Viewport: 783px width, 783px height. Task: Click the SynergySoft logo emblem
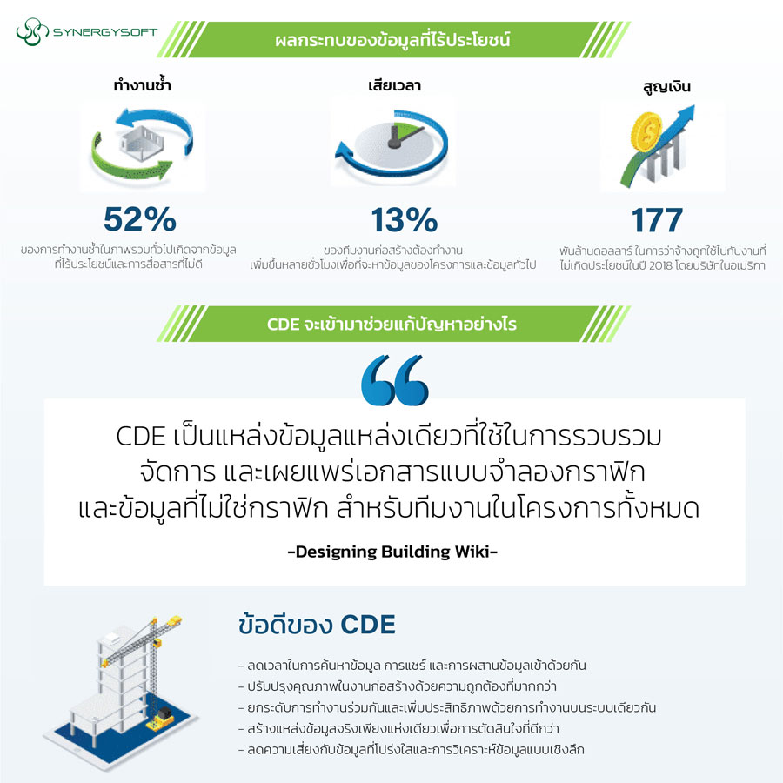30,33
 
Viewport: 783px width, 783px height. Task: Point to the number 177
658,219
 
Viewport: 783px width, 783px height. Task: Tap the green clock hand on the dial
399,133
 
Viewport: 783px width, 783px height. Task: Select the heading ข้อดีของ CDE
317,625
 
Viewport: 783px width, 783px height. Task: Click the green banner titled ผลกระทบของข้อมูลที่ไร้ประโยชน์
391,40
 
